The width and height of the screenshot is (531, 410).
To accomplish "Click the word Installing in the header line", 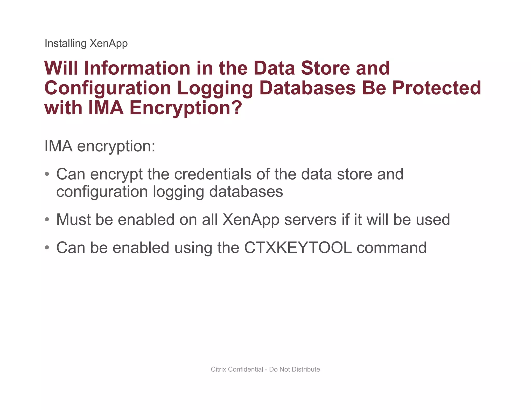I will click(65, 44).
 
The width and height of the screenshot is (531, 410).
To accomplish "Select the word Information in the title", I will click(137, 68).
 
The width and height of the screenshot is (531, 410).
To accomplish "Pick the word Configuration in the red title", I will click(108, 88).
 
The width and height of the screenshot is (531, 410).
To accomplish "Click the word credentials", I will click(213, 174).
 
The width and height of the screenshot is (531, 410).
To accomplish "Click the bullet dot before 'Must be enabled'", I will click(47, 220).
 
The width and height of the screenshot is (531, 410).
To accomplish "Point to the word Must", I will click(73, 220).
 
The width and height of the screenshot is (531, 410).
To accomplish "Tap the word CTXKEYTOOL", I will click(298, 248).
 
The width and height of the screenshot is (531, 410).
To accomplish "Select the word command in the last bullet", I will click(392, 248).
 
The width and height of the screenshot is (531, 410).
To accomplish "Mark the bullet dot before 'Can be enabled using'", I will click(47, 248).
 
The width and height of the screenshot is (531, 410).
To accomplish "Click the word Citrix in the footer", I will click(219, 369).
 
